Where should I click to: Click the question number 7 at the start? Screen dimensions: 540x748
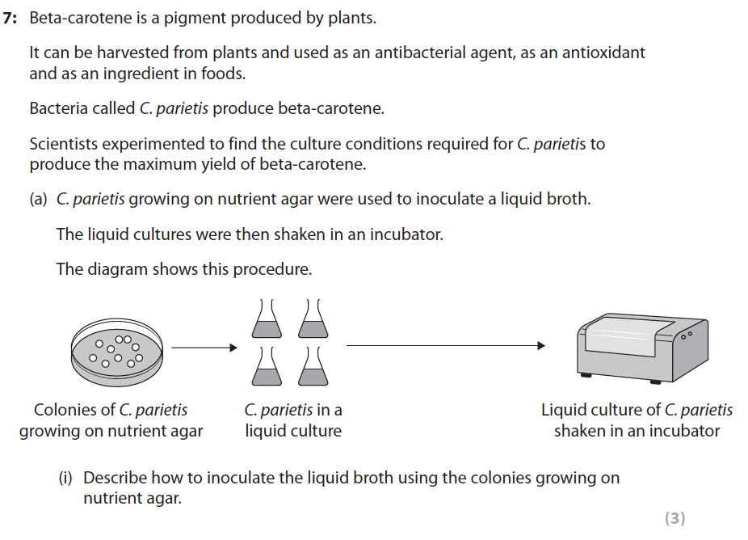pos(10,18)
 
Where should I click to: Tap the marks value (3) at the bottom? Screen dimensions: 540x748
pos(674,519)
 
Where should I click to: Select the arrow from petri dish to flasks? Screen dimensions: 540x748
pos(204,348)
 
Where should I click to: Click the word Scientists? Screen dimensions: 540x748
pos(63,145)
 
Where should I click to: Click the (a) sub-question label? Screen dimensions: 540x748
pos(39,199)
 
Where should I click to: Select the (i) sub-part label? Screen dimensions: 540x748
pos(65,478)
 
